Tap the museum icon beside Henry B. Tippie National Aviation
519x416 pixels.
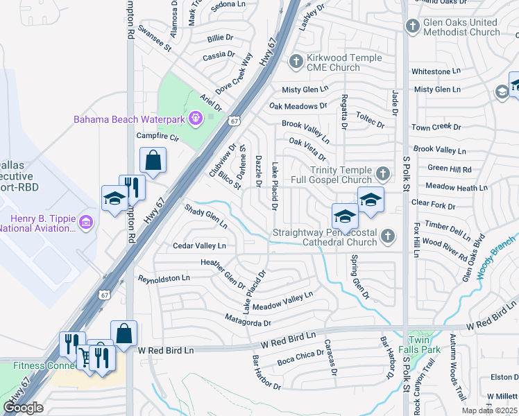coord(85,222)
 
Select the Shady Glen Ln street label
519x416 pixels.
coord(205,215)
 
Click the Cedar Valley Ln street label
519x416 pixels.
coord(199,245)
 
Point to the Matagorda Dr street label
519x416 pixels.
coord(247,321)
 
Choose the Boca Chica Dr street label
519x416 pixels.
coord(300,357)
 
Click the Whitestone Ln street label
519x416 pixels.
coord(436,71)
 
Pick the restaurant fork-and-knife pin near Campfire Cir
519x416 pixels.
coord(132,187)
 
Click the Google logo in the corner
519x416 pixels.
coord(23,408)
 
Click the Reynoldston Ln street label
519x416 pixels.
coord(164,279)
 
